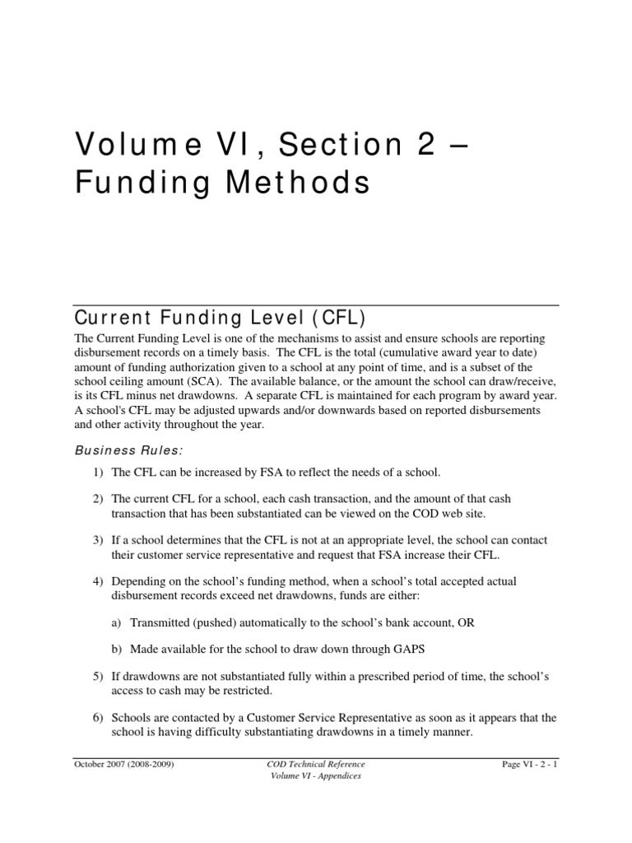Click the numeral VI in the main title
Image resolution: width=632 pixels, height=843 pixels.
202,146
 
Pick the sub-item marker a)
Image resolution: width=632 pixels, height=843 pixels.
116,623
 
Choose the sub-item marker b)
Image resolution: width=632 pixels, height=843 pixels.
116,650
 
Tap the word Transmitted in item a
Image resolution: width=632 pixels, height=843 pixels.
160,623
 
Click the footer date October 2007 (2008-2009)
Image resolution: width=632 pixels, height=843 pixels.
124,765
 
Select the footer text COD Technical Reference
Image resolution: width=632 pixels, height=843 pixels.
316,765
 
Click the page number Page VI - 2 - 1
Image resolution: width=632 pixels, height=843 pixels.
529,765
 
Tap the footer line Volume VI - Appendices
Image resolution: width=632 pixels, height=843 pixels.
316,777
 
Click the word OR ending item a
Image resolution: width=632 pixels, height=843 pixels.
466,623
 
